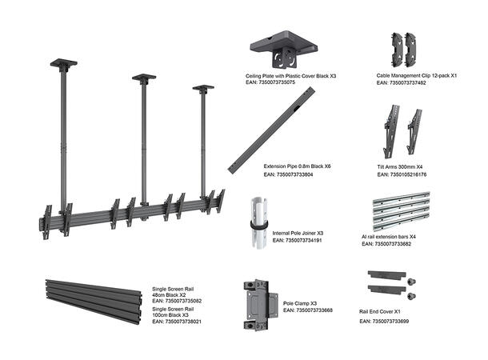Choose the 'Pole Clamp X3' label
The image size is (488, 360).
(301, 304)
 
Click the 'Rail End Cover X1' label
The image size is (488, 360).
(385, 311)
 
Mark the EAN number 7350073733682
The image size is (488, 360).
(387, 243)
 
